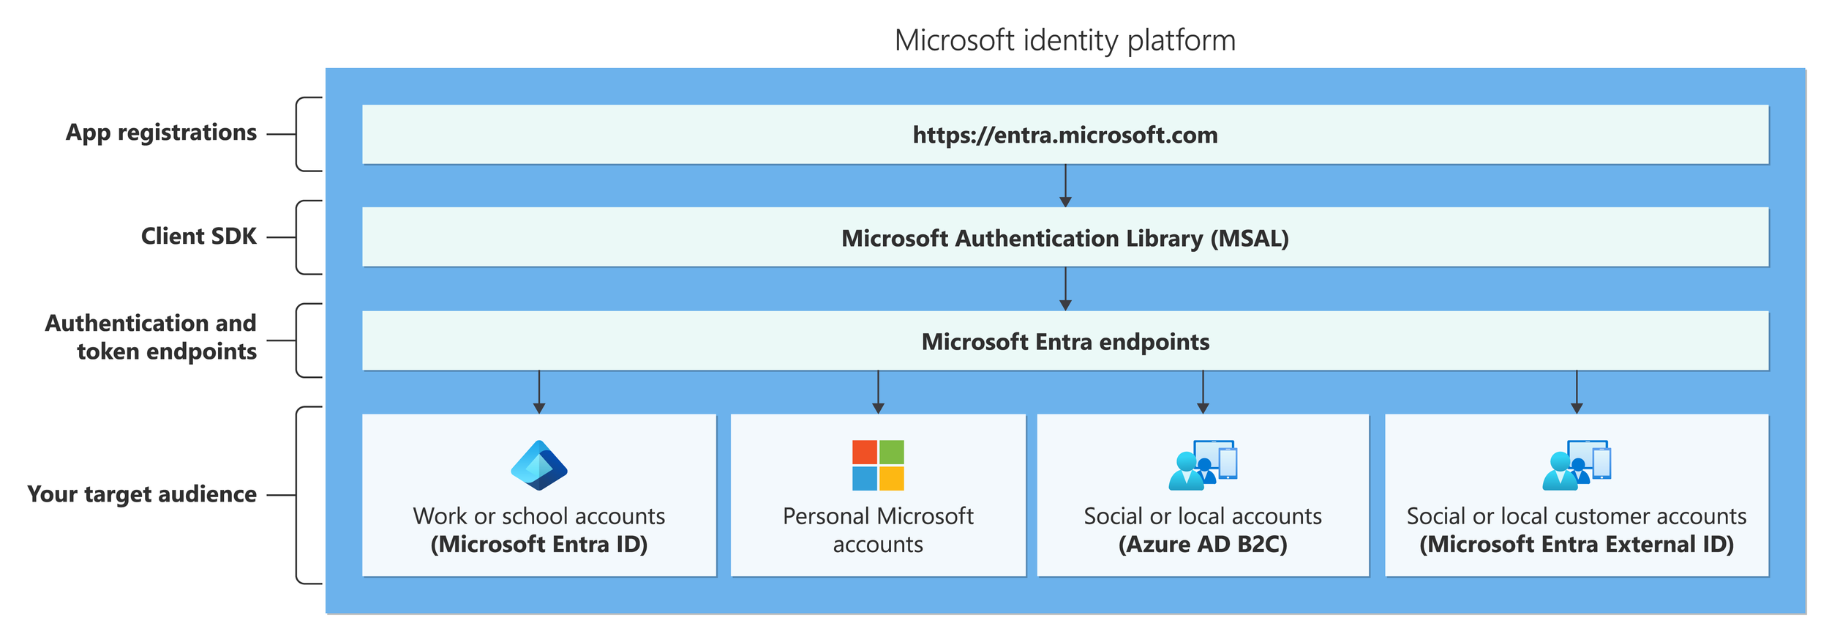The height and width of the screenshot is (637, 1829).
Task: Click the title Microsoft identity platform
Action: (x=1064, y=40)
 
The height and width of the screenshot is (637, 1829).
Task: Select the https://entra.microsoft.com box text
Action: (x=1064, y=135)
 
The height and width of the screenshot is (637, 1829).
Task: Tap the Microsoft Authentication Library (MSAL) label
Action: (x=1064, y=238)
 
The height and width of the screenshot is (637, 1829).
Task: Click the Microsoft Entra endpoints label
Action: (x=1064, y=341)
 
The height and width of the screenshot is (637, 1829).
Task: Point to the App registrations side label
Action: (x=161, y=133)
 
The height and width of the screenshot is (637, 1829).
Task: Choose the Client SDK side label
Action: (x=198, y=236)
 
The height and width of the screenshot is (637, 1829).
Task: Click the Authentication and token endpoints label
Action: (x=151, y=337)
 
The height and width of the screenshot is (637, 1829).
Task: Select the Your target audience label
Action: (x=142, y=494)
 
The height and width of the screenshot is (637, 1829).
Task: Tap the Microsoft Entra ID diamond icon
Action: (x=538, y=465)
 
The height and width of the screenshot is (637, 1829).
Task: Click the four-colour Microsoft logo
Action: (x=877, y=465)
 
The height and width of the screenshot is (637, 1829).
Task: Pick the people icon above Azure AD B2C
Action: (x=1202, y=465)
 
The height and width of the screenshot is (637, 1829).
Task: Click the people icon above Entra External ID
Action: (x=1576, y=465)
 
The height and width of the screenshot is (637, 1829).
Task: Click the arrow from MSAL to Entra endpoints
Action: (x=1064, y=288)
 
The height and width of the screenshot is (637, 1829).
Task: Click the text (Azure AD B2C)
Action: (x=1202, y=545)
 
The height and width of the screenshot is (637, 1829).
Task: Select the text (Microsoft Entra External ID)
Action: (x=1576, y=545)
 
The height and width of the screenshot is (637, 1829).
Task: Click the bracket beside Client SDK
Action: (x=298, y=237)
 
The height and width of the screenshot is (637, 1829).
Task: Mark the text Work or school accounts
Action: (x=538, y=516)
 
